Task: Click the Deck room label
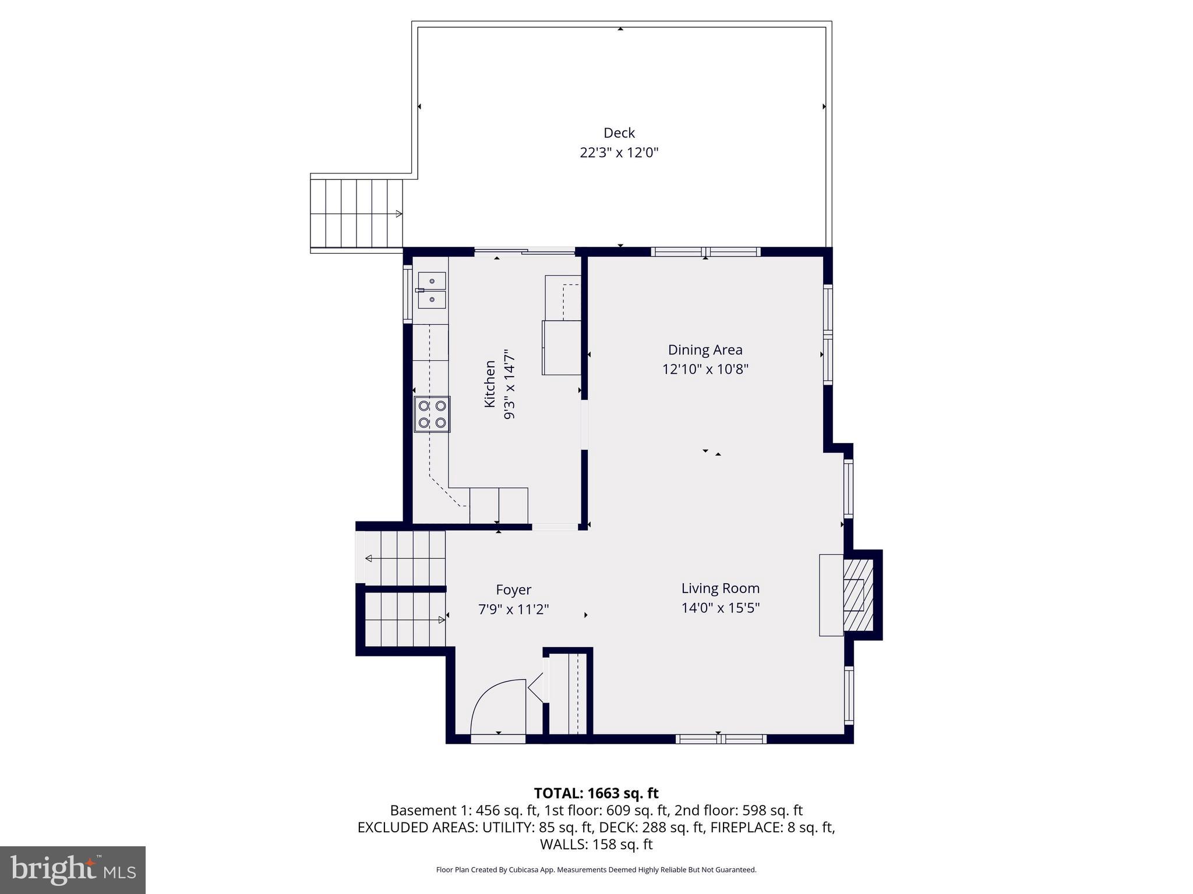pyautogui.click(x=619, y=133)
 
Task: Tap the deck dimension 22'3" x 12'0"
pyautogui.click(x=619, y=152)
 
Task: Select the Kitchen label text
pyautogui.click(x=490, y=384)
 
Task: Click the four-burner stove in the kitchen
pyautogui.click(x=432, y=414)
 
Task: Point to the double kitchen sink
pyautogui.click(x=432, y=290)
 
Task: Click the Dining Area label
pyautogui.click(x=705, y=350)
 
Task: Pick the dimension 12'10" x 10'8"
pyautogui.click(x=705, y=369)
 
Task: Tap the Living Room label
pyautogui.click(x=721, y=588)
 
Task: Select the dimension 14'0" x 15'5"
pyautogui.click(x=721, y=608)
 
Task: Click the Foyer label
pyautogui.click(x=513, y=590)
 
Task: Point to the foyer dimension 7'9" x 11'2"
pyautogui.click(x=513, y=609)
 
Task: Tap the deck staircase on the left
pyautogui.click(x=356, y=214)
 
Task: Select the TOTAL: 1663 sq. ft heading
pyautogui.click(x=596, y=793)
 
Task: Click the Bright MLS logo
pyautogui.click(x=73, y=870)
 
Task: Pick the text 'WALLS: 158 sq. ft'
pyautogui.click(x=596, y=844)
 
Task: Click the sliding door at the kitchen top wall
pyautogui.click(x=524, y=251)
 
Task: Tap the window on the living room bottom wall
pyautogui.click(x=721, y=739)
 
